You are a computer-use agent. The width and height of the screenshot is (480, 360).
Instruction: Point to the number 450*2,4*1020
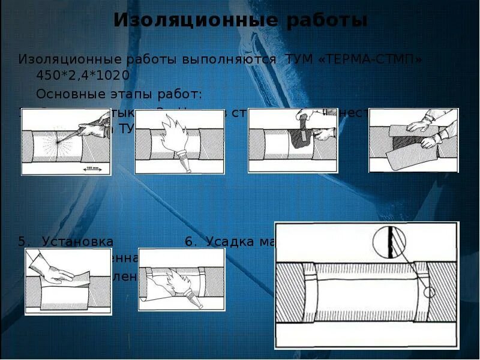(x=83, y=76)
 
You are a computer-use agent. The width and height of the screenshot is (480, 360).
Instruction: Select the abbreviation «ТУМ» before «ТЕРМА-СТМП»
(x=298, y=60)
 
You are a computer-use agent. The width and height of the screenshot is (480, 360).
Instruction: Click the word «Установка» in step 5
(x=77, y=242)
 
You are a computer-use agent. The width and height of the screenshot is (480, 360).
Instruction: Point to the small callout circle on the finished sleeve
(x=428, y=293)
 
